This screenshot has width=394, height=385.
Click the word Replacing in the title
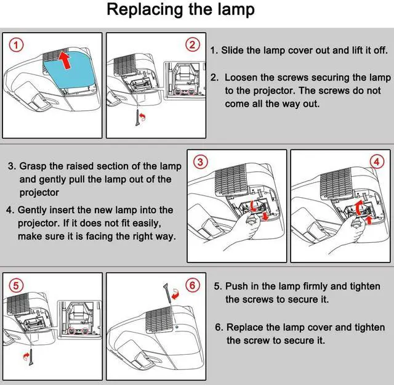click(x=145, y=10)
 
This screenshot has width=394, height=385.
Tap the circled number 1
click(x=17, y=45)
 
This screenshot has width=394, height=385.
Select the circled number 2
click(x=193, y=45)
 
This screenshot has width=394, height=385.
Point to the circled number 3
click(x=200, y=161)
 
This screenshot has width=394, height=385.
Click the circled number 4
click(x=377, y=161)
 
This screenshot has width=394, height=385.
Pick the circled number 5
click(x=16, y=286)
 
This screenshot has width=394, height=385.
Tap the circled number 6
click(x=193, y=285)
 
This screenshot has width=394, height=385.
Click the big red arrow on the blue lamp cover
click(x=65, y=60)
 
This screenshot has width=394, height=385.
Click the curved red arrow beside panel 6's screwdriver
click(x=175, y=294)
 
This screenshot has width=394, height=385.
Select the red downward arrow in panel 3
click(x=265, y=216)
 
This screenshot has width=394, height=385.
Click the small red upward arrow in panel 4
click(x=369, y=220)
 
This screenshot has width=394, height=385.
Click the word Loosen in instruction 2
click(x=241, y=78)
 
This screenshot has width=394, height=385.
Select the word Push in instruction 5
click(x=236, y=286)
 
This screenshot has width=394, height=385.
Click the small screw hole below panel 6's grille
click(x=177, y=327)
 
